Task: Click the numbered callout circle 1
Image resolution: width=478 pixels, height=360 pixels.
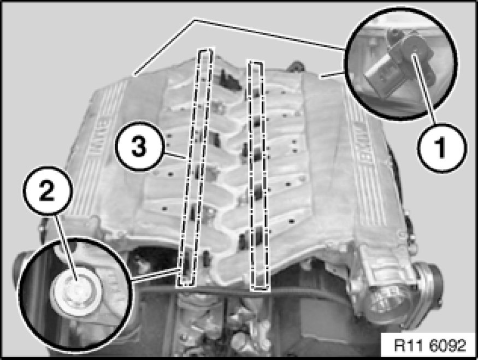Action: tap(442, 148)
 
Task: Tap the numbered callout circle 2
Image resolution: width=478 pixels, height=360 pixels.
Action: tap(47, 190)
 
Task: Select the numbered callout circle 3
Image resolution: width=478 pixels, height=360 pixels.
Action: tap(139, 146)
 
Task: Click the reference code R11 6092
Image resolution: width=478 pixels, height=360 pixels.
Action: tap(430, 345)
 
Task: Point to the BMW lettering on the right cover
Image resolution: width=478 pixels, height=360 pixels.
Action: tap(362, 140)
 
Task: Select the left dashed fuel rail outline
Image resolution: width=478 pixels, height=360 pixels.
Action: tap(194, 167)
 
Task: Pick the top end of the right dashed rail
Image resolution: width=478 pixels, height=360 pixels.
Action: tap(256, 62)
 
